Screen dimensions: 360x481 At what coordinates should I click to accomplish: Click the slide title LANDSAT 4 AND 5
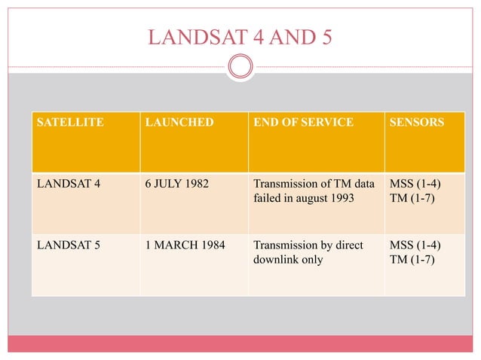click(240, 36)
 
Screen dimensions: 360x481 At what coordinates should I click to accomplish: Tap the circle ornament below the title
click(240, 68)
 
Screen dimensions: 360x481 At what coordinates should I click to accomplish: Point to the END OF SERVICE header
click(303, 122)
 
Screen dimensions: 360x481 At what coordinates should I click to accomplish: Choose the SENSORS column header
click(417, 122)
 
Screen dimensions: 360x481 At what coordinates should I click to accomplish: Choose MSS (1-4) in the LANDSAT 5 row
click(415, 246)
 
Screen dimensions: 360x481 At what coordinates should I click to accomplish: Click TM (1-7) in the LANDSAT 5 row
click(414, 261)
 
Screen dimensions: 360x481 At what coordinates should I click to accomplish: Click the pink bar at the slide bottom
click(240, 344)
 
